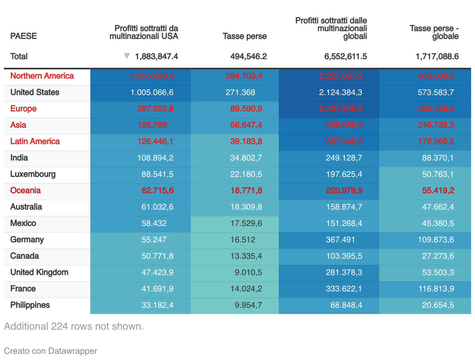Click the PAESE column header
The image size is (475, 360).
coord(23,36)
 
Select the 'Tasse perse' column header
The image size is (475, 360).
coord(245,36)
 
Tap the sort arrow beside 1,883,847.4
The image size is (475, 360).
coord(127,56)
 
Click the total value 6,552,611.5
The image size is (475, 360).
coord(345,56)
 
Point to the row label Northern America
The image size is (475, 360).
coord(42,76)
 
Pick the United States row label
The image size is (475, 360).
coord(35,92)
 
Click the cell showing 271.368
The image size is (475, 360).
coord(240,92)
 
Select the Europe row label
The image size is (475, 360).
coord(23,109)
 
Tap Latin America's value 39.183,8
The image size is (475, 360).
coord(246,141)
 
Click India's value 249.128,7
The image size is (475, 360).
coord(344,158)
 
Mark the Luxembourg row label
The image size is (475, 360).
coord(33,174)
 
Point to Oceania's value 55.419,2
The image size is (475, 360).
coord(438,191)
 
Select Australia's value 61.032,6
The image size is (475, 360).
coord(157,207)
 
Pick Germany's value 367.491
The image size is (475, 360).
coord(340,240)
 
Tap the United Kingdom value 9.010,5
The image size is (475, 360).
coord(248,272)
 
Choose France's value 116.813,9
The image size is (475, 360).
coord(436,289)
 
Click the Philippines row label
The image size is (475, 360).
coord(30,305)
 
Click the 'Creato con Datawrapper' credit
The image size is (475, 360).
coord(50,351)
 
